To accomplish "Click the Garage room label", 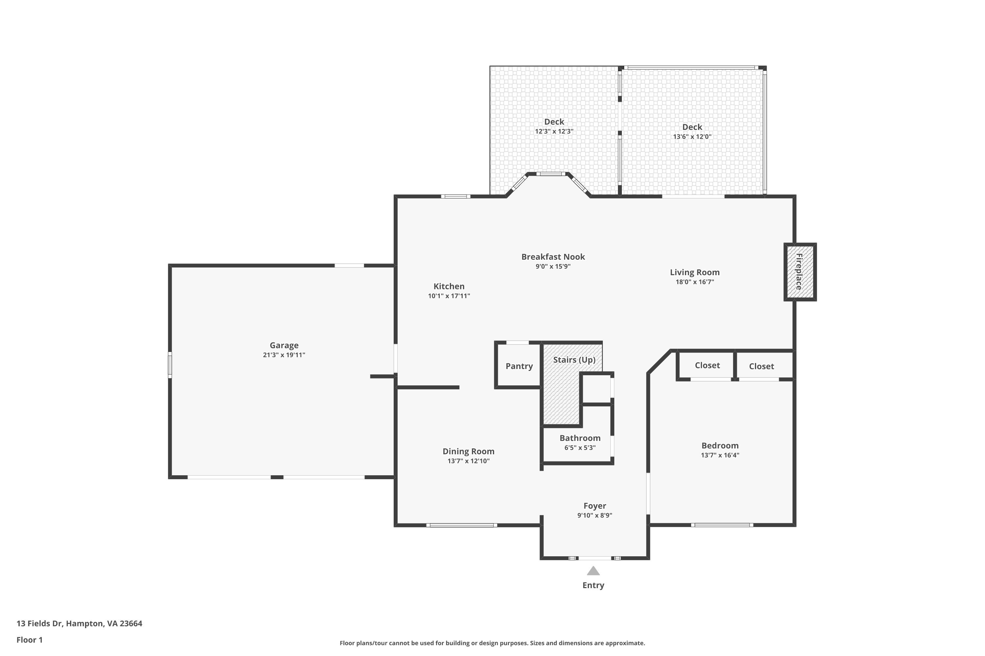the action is [284, 345].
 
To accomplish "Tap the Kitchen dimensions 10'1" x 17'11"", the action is [449, 296].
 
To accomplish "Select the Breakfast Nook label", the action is [553, 256].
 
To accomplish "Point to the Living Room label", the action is [695, 272].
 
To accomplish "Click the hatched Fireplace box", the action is [800, 272].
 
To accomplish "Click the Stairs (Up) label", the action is [574, 360].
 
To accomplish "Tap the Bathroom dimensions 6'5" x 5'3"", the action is [580, 448].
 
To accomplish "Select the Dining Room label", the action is [468, 451].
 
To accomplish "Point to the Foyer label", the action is [595, 506].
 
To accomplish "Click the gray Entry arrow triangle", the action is [593, 571].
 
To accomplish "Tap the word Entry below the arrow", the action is [593, 585].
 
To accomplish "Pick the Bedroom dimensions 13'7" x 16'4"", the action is [720, 455].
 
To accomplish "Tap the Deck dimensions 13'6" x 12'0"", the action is [692, 137].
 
